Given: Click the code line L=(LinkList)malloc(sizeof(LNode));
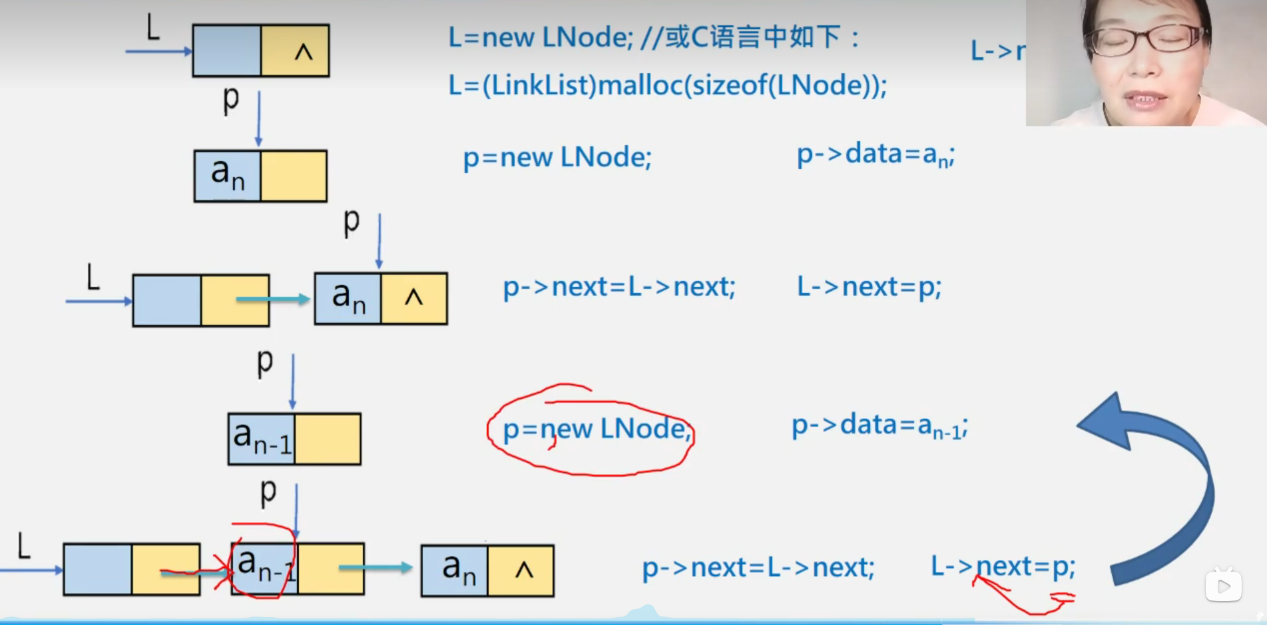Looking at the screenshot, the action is [x=667, y=86].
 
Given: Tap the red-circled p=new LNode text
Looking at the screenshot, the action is [x=596, y=429].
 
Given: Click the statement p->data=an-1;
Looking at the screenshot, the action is [x=879, y=426].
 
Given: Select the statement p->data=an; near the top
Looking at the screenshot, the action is [x=876, y=155].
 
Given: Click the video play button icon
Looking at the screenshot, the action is [x=1223, y=586].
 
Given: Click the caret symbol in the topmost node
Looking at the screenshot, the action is [x=303, y=51].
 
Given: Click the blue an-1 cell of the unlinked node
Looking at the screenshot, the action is [x=262, y=439].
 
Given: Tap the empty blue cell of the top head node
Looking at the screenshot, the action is [x=227, y=51].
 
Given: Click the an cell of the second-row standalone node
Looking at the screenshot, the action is [x=228, y=176].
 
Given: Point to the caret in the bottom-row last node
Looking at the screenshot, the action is [x=524, y=570].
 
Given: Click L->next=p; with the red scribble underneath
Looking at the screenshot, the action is [x=1003, y=567].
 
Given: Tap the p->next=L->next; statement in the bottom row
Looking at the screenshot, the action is [x=758, y=568].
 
